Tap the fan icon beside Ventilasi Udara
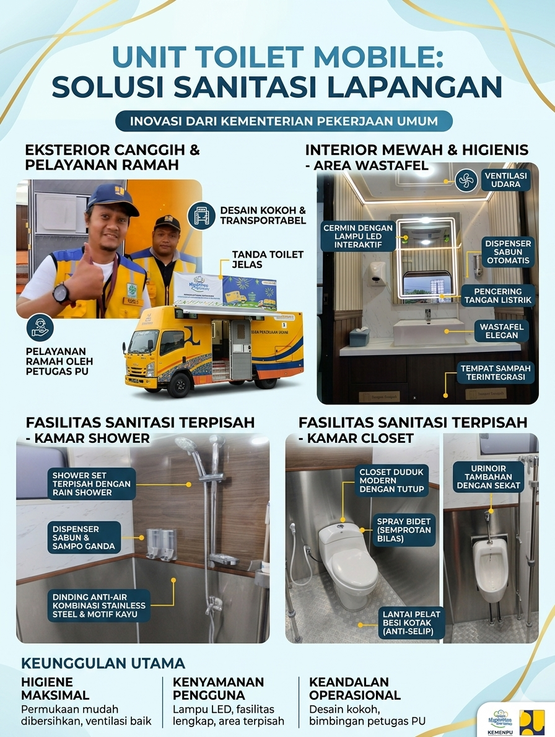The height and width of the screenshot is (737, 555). [x=465, y=181]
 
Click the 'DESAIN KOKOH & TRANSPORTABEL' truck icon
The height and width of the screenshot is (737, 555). [x=201, y=216]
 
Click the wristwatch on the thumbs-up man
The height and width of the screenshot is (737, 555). [x=62, y=293]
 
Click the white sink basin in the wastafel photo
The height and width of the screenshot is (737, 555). [x=429, y=331]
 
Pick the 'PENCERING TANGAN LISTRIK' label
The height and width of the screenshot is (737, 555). [x=497, y=296]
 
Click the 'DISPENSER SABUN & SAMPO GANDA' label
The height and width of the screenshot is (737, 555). [x=84, y=538]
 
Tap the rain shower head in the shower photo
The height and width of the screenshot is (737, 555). [x=186, y=445]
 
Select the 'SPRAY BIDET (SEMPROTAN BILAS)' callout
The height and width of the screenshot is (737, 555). [x=404, y=530]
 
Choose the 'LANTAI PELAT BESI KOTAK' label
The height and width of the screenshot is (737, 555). [x=411, y=623]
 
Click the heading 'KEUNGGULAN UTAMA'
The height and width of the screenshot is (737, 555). [x=103, y=663]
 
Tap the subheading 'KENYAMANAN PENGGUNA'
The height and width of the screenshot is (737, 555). [x=218, y=688]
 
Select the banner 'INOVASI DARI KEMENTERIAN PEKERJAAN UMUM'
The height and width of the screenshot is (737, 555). [x=284, y=121]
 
